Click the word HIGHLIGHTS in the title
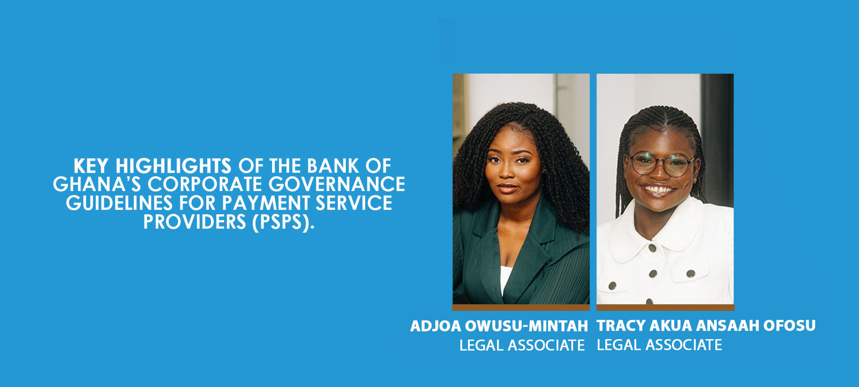(174, 166)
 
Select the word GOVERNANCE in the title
(337, 184)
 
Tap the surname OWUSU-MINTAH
(527, 326)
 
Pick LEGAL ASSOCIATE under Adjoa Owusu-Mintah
(522, 345)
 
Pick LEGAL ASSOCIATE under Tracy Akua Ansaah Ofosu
(659, 345)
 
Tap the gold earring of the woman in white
(695, 180)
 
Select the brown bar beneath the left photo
(521, 307)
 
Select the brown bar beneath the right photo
(665, 307)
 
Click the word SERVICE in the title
(354, 203)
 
